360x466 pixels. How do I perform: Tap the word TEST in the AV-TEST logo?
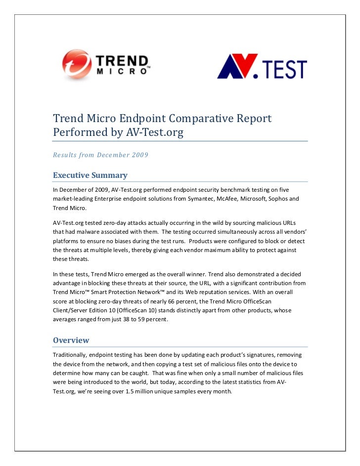point(281,69)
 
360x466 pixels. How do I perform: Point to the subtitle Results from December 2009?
point(100,155)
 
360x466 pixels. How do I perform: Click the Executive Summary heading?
point(90,175)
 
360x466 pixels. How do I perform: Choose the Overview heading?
point(71,340)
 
